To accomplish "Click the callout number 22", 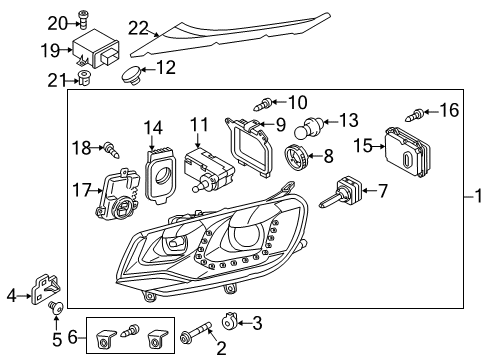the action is click(x=138, y=28).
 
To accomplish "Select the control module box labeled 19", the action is click(x=96, y=49).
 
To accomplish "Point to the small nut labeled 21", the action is click(x=84, y=78).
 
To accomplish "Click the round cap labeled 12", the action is click(x=131, y=75).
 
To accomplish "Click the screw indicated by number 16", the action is click(x=415, y=115).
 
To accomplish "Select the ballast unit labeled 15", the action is click(x=407, y=152).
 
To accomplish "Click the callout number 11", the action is click(x=199, y=124).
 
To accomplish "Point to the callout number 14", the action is click(x=153, y=128).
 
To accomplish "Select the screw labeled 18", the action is click(x=112, y=150).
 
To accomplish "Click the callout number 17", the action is click(x=82, y=190).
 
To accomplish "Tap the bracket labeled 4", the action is click(x=45, y=289).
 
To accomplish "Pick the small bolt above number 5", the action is click(x=56, y=307).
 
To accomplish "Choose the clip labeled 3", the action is click(x=229, y=321).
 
